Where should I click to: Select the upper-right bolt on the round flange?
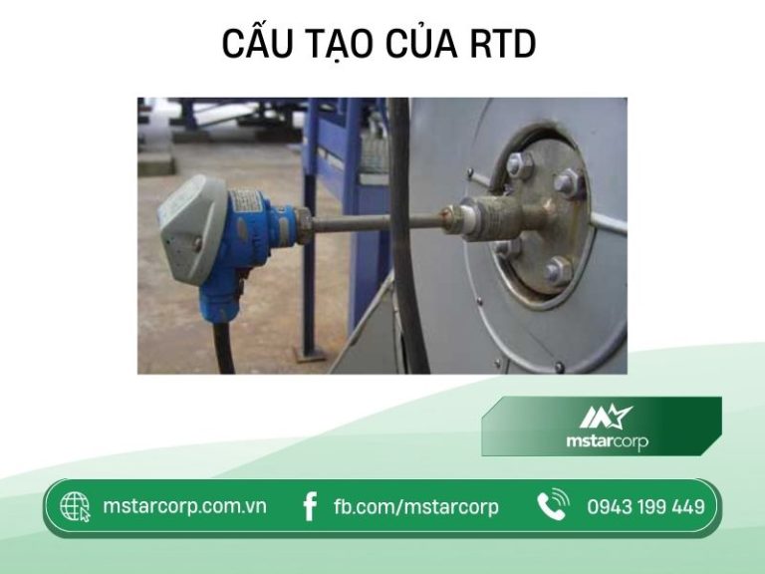[x=569, y=182]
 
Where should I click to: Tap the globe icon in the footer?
[x=75, y=507]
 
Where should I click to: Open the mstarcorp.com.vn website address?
[x=184, y=506]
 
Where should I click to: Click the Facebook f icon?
[x=310, y=507]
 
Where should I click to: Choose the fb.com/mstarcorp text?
[x=415, y=507]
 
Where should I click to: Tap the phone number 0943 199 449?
[x=645, y=507]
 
